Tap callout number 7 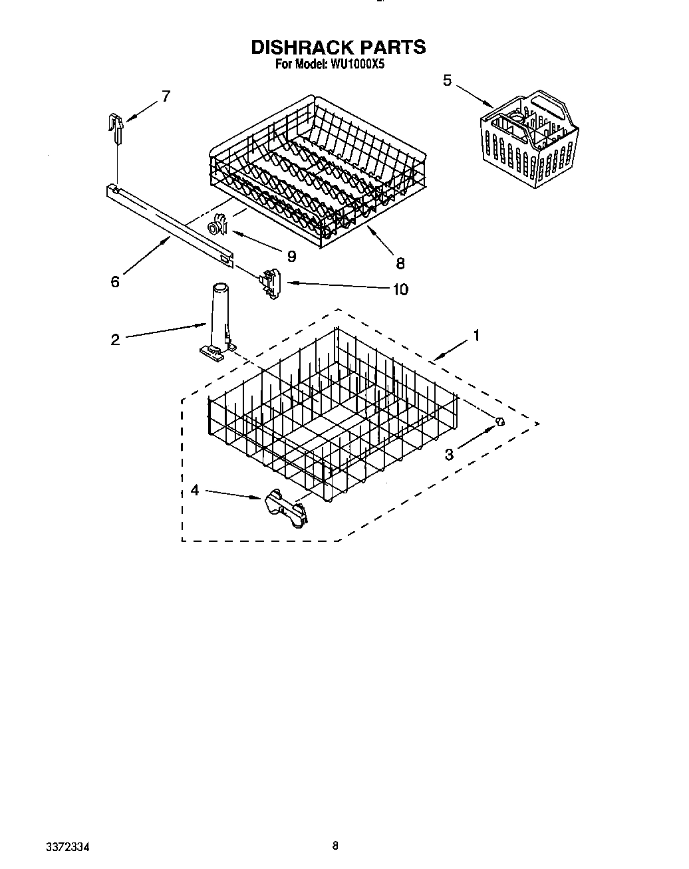click(166, 96)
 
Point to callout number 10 click(400, 289)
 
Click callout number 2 click(115, 340)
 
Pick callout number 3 click(450, 455)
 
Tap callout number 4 click(194, 490)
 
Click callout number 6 click(115, 282)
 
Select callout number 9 click(291, 255)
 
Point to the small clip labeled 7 click(118, 127)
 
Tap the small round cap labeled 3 click(500, 422)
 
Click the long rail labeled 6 click(169, 225)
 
